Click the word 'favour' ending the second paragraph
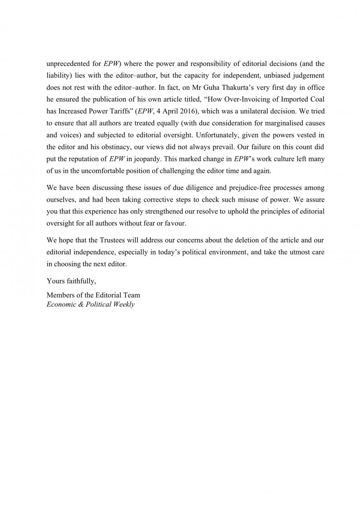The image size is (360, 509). click(x=175, y=224)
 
